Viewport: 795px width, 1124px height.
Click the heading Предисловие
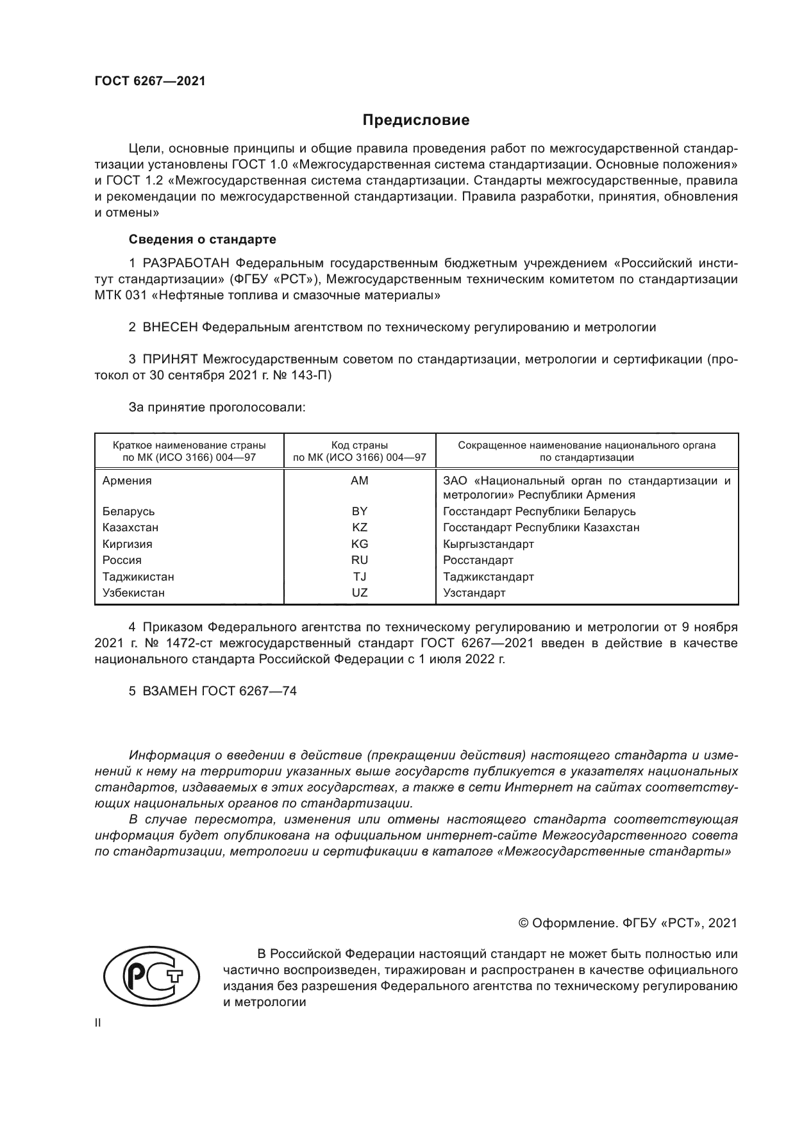[416, 120]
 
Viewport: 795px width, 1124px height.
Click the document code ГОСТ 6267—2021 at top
[150, 81]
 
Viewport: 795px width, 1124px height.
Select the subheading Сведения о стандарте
[203, 239]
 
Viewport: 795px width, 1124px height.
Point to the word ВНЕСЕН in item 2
[171, 327]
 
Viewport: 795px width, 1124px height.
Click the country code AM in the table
[359, 481]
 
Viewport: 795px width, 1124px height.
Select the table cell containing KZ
[359, 527]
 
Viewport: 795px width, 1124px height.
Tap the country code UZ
[360, 593]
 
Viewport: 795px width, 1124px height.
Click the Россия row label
[122, 560]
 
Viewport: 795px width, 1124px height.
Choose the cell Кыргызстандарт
[488, 544]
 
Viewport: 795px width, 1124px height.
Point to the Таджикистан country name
[138, 577]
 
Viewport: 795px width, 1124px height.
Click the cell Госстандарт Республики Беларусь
[539, 511]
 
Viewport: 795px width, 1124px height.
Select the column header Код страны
[359, 445]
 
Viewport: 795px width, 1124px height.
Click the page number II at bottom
[97, 1023]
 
